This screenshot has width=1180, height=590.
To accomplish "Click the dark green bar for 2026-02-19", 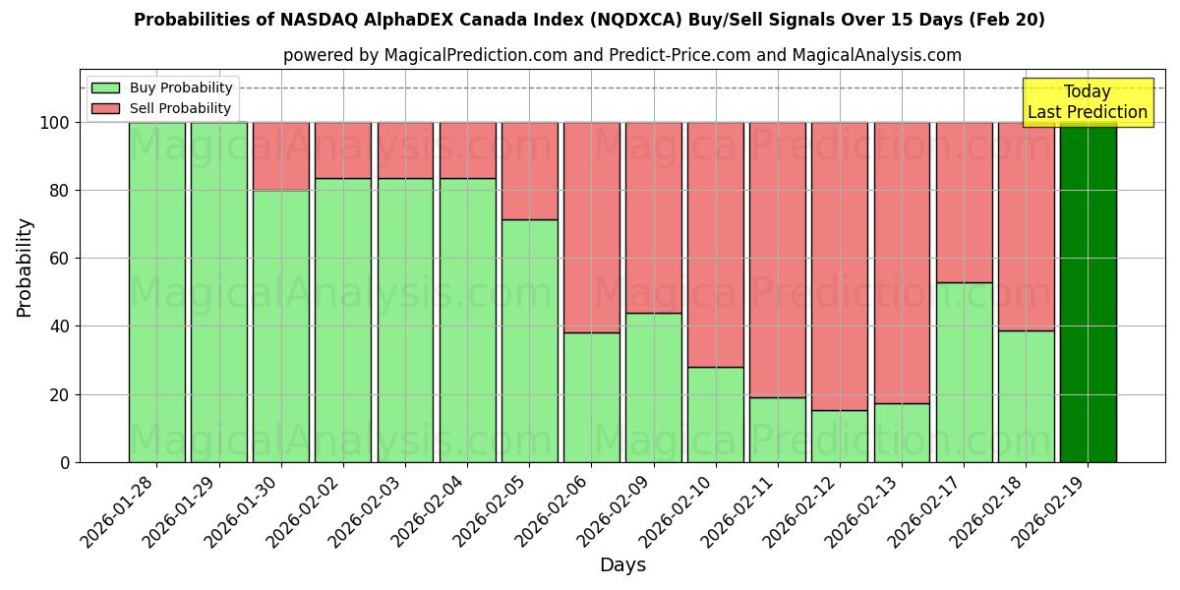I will point(1088,292).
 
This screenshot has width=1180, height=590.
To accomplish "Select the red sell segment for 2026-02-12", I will point(840,265).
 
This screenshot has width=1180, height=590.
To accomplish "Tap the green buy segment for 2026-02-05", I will point(529,340).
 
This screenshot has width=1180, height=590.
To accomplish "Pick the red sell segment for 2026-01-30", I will point(281,156).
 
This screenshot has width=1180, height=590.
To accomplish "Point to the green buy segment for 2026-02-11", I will point(777,430).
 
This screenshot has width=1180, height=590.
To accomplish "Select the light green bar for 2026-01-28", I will point(156,292).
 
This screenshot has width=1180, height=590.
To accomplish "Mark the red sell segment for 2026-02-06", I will point(591,227).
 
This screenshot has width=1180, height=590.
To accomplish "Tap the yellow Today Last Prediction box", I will point(1088,102).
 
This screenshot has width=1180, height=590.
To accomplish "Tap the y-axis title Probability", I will point(25,266).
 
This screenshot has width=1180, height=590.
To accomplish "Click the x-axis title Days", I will point(622,565).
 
